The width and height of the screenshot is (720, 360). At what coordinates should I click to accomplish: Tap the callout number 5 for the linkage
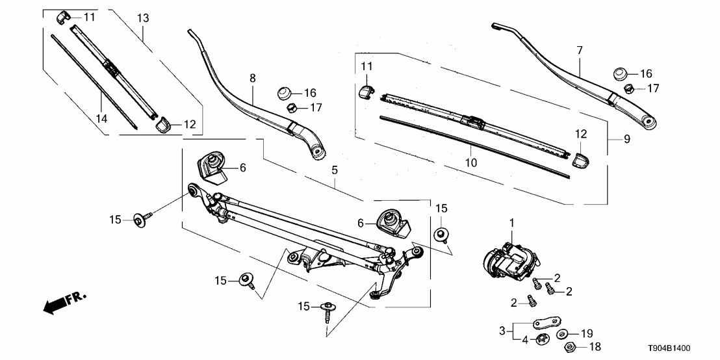(x=335, y=170)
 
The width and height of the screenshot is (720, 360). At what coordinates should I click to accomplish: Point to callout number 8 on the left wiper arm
(x=253, y=78)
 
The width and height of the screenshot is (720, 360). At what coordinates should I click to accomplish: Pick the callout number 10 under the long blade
(x=470, y=162)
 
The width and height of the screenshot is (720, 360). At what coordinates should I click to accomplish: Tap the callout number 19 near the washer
(x=586, y=333)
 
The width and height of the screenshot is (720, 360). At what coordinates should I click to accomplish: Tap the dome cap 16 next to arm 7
(x=621, y=73)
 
